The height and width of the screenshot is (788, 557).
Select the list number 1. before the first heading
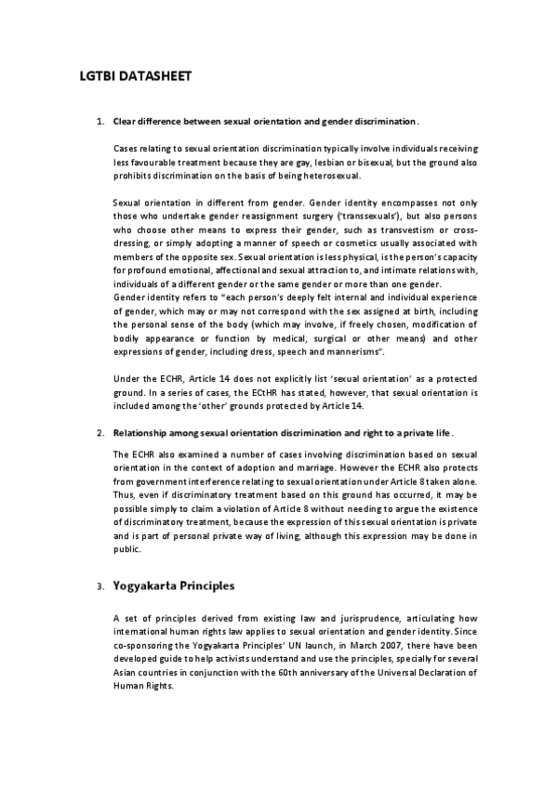(x=100, y=121)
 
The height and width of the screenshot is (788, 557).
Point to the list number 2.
(x=100, y=433)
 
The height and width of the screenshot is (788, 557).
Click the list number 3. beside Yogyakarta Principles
(x=100, y=588)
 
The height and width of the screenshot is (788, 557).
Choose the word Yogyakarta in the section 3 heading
(x=148, y=586)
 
